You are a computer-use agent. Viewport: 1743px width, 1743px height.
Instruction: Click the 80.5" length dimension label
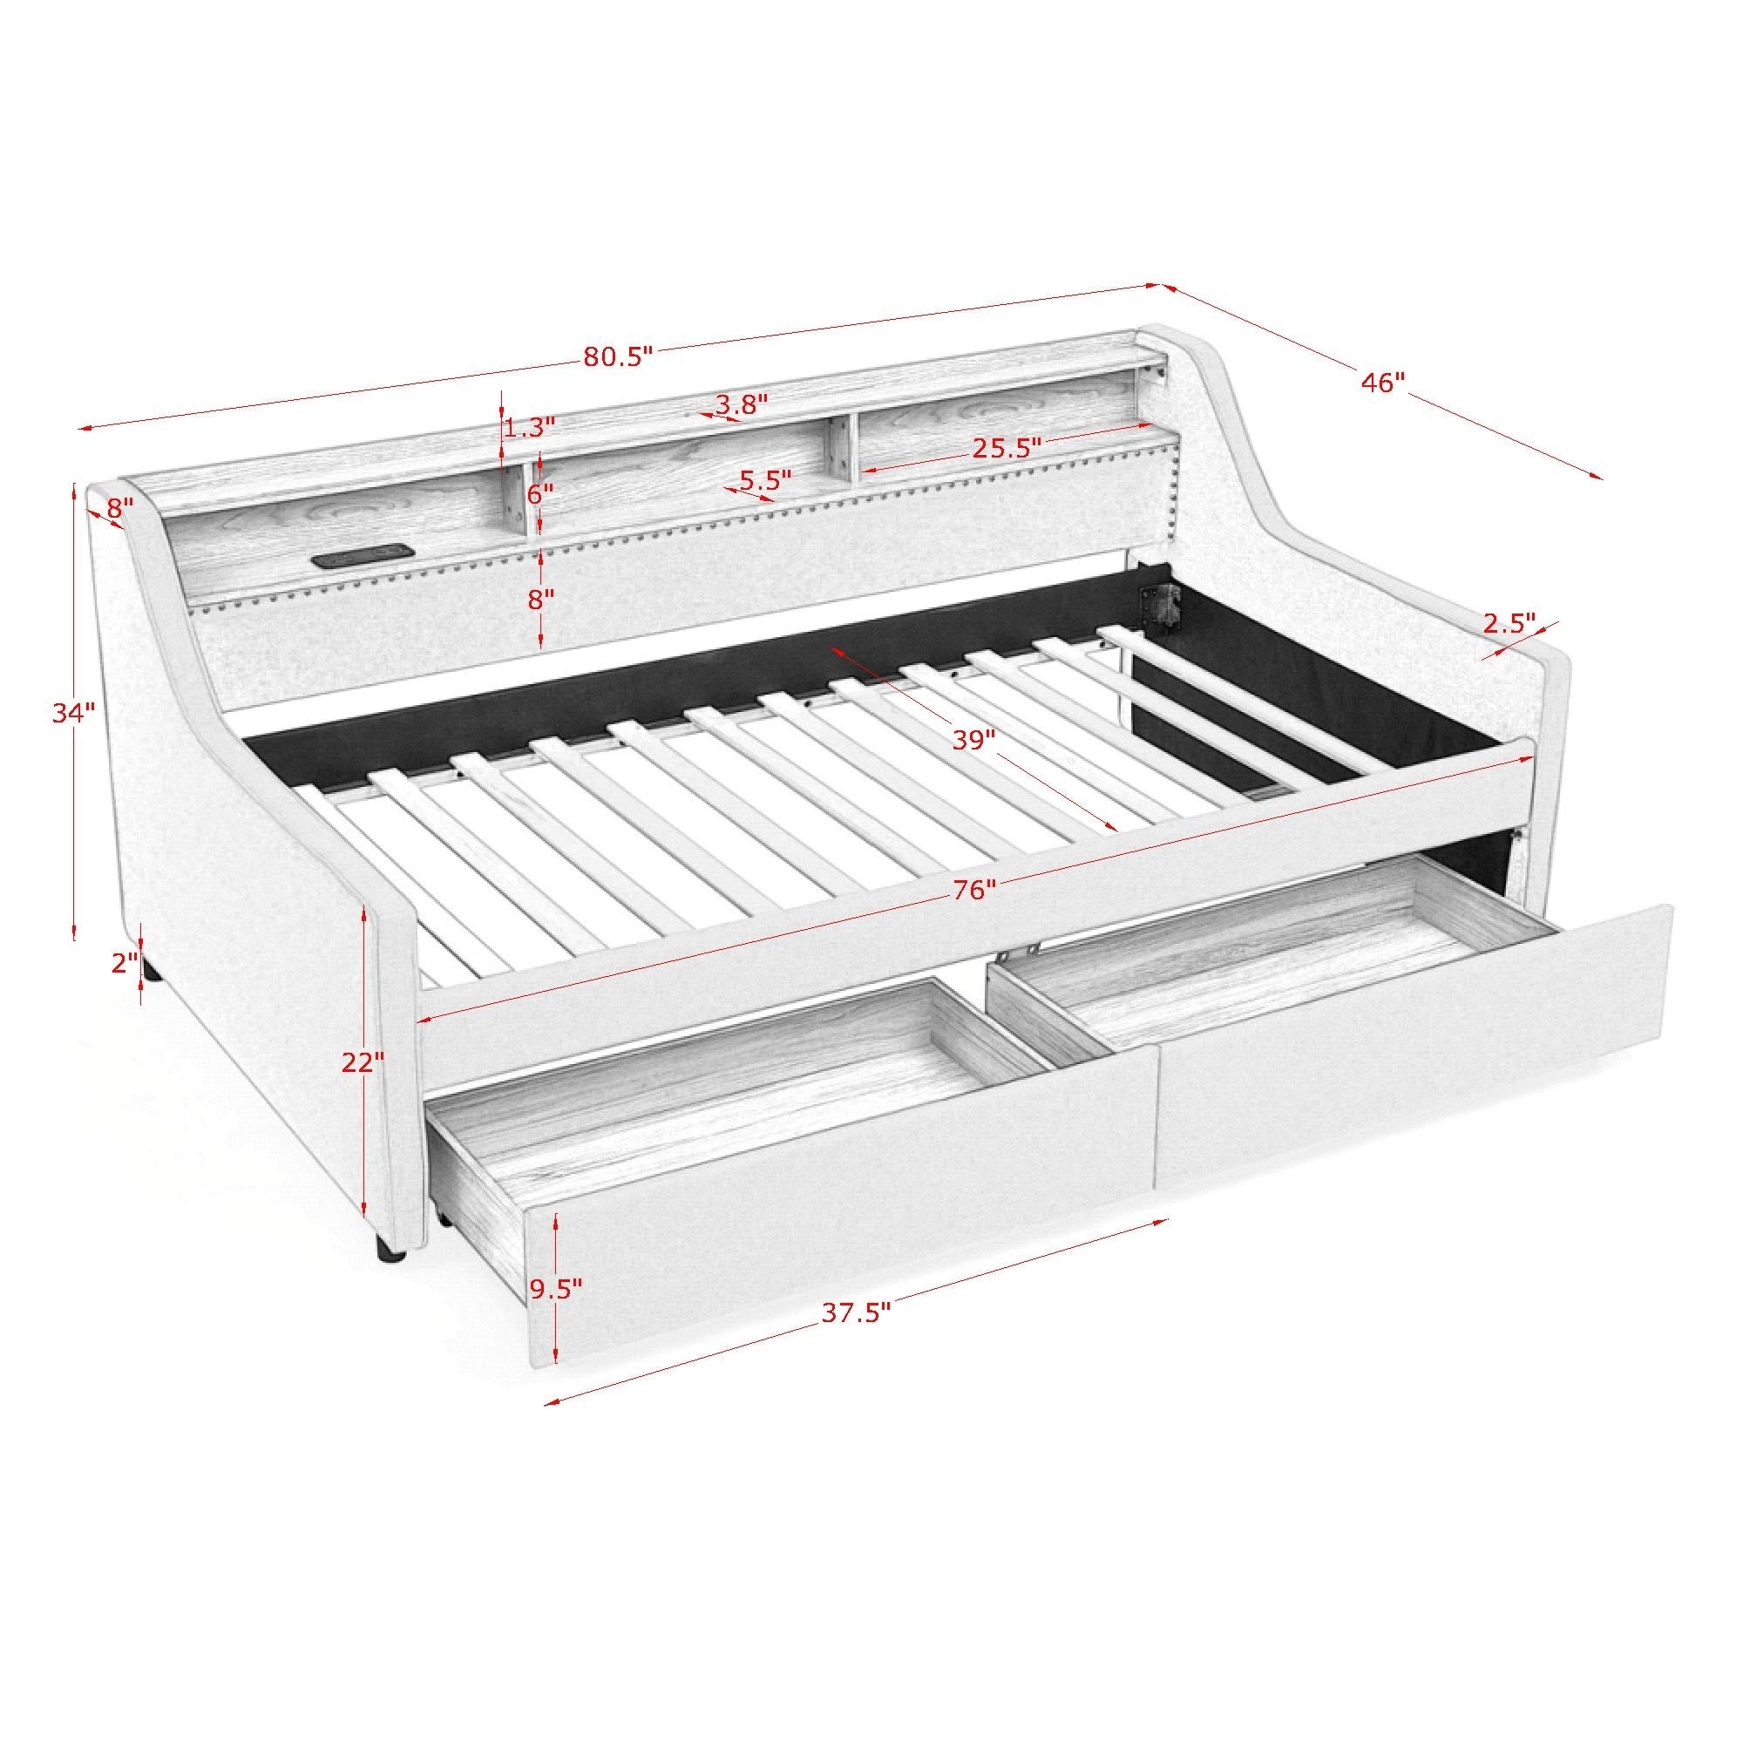[617, 356]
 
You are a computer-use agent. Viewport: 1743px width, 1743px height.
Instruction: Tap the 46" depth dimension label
[1383, 383]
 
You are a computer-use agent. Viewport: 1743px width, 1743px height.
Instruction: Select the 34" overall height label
[73, 713]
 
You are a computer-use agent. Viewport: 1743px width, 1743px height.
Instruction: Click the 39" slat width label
[973, 740]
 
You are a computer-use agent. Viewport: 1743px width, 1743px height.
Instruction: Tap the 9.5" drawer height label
[556, 1288]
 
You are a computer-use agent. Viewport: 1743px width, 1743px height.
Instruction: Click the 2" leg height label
[125, 964]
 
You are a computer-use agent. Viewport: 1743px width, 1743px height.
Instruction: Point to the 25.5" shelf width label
[1007, 447]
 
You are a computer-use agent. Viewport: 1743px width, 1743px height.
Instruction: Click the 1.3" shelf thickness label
[529, 427]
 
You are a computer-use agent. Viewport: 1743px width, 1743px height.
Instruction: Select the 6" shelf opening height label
[540, 493]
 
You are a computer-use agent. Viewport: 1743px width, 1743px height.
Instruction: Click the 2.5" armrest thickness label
[1509, 621]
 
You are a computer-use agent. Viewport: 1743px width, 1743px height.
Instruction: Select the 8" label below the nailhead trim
[540, 599]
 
